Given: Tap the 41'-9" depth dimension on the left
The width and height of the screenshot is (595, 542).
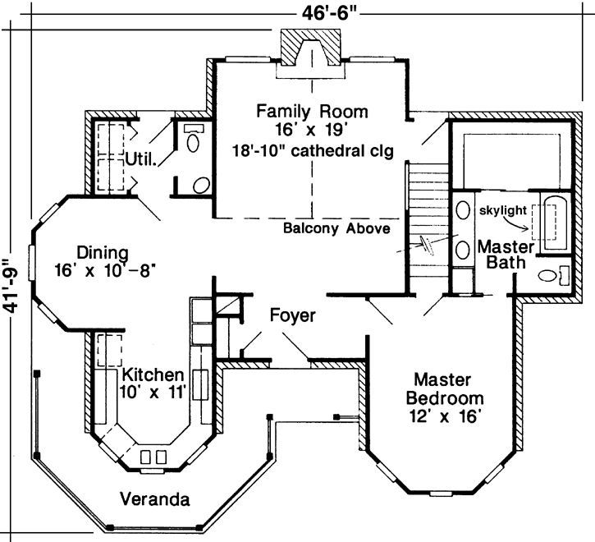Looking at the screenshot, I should [11, 284].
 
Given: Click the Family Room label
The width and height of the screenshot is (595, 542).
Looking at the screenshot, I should [311, 110].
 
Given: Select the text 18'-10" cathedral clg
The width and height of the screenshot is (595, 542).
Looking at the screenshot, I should [312, 150].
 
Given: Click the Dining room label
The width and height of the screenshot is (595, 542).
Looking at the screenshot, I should [102, 252].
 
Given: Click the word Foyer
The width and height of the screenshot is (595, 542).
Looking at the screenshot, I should [293, 315].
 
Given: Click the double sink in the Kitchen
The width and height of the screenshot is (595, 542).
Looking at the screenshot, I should [153, 457].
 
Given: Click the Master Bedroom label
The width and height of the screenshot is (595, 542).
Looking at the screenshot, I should [442, 389].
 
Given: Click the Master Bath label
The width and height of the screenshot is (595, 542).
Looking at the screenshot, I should [506, 255].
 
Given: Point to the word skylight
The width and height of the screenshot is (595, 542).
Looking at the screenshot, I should [502, 210].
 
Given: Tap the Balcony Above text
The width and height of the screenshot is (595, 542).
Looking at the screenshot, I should [336, 229].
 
